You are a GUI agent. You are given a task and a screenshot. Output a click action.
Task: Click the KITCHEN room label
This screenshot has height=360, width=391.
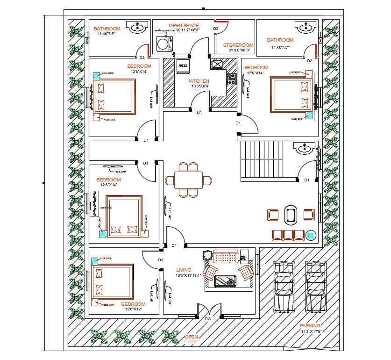199,81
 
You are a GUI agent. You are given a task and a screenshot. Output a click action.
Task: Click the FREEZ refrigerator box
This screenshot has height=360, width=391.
183,66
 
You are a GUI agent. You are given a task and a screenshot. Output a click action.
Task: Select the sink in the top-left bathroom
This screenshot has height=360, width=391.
137,28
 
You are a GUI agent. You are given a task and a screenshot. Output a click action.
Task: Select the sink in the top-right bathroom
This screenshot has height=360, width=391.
299,28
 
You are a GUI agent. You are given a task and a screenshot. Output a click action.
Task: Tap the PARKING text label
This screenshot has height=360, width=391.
310,325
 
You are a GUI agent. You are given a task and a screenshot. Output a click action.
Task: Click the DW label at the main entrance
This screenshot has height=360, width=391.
208,319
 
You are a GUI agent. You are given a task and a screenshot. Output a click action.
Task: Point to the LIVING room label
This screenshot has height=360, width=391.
184,270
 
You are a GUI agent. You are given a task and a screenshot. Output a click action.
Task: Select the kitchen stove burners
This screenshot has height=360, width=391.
231,79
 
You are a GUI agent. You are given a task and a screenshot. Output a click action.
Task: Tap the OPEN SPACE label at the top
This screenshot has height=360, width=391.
184,25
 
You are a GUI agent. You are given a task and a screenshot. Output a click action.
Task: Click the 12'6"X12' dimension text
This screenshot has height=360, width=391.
133,309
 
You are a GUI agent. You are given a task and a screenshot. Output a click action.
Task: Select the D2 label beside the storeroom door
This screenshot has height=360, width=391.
216,29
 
